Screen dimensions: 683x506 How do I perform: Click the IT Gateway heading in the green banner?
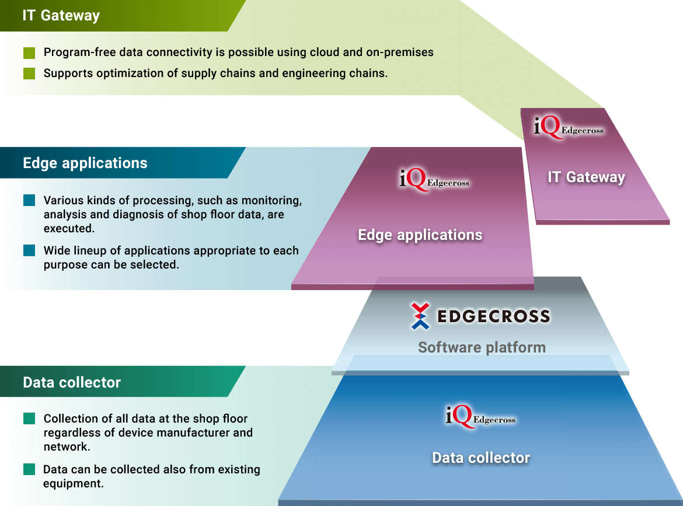[61, 16]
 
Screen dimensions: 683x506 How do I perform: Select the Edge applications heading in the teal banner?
[85, 163]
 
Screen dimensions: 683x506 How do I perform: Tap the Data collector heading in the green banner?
[72, 382]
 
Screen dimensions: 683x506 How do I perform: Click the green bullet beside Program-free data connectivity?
[29, 53]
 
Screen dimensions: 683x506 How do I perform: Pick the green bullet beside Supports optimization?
[29, 74]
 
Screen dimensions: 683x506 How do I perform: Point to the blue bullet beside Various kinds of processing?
[29, 200]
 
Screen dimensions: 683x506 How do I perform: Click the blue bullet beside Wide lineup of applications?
[29, 250]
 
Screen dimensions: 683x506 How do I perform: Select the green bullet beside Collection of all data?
[29, 418]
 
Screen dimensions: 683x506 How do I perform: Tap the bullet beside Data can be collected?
[29, 469]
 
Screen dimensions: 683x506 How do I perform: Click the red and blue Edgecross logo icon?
[420, 316]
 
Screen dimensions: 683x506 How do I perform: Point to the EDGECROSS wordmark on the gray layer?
[493, 316]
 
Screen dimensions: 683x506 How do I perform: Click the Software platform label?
[482, 347]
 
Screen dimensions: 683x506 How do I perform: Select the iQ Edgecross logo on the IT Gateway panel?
[569, 127]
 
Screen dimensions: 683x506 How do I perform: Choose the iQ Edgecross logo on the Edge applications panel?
[434, 180]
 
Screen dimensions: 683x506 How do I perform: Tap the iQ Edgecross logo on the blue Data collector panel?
[480, 417]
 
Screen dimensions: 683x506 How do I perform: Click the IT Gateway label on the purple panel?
[586, 177]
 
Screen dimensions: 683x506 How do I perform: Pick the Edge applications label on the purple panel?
[420, 235]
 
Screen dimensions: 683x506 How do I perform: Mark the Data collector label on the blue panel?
[481, 458]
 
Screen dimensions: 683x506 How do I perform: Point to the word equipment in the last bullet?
[73, 484]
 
